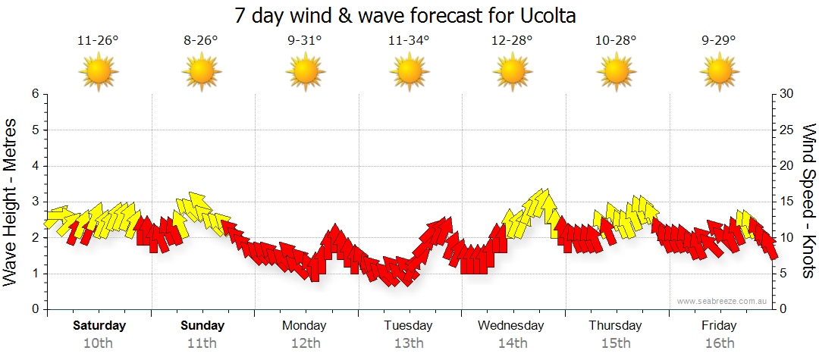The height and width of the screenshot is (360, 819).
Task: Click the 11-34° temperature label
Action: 409,40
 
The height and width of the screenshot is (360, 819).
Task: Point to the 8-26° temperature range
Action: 201,40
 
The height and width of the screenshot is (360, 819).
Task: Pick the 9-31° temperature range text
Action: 305,40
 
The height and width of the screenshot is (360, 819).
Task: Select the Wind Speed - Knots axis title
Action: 808,202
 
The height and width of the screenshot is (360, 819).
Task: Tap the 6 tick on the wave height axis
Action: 34,94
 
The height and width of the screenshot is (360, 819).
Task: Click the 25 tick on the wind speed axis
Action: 787,130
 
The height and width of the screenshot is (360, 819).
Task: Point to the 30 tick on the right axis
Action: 787,94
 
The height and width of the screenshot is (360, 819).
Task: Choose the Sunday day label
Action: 202,326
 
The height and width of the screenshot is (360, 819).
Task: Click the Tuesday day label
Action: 408,326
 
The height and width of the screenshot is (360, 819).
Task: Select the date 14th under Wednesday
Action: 513,343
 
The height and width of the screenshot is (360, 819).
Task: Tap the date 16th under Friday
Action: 719,343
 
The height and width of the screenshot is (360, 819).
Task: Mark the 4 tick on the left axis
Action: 34,166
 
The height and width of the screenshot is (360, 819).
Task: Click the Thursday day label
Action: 615,326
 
